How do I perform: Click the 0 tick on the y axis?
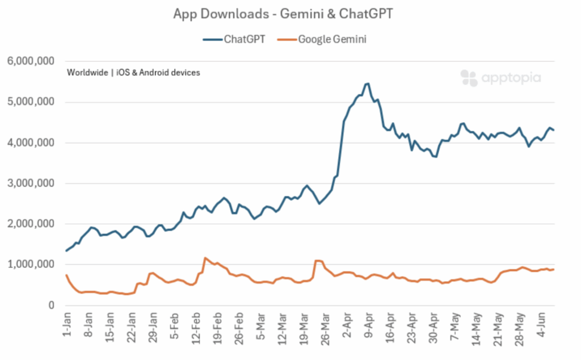[x=50, y=305]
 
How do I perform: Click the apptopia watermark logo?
[x=500, y=78]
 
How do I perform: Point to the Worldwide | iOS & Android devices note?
[x=133, y=73]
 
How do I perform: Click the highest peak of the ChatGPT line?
[x=368, y=83]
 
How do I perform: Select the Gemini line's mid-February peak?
[x=205, y=258]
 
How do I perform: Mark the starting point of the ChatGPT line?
[x=66, y=251]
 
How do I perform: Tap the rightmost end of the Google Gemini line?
[x=554, y=269]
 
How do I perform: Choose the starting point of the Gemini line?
[x=66, y=275]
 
